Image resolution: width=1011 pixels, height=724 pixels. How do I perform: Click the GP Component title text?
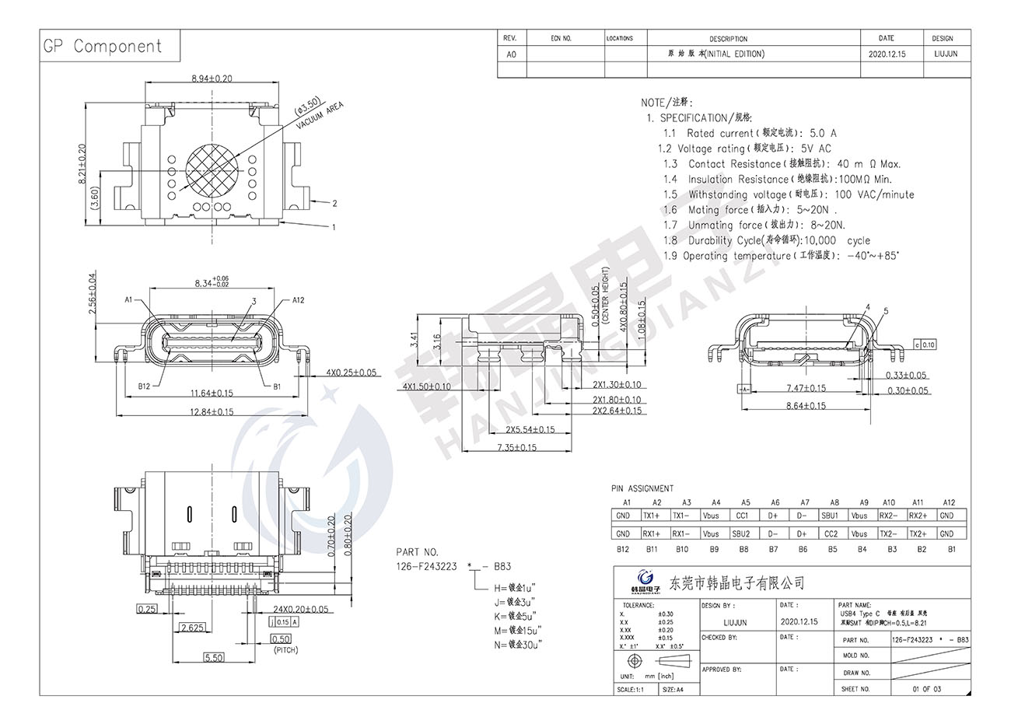pyautogui.click(x=102, y=47)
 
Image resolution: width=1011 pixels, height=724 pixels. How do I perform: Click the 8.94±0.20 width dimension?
pyautogui.click(x=211, y=79)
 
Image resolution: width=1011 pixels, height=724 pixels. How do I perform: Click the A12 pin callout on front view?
pyautogui.click(x=298, y=300)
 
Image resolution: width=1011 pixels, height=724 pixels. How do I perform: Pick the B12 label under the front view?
pyautogui.click(x=144, y=386)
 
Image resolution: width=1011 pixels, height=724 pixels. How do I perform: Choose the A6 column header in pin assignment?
pyautogui.click(x=775, y=502)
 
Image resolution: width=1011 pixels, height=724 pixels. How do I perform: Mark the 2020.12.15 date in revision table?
pyautogui.click(x=887, y=54)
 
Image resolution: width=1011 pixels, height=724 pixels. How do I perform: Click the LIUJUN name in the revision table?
pyautogui.click(x=945, y=54)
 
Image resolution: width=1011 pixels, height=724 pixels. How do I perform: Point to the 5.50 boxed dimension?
pyautogui.click(x=213, y=657)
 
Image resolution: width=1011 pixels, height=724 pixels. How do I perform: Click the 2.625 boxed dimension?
pyautogui.click(x=191, y=627)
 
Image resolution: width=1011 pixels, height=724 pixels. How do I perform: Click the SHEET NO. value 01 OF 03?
pyautogui.click(x=926, y=689)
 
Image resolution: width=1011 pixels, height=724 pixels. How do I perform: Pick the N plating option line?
pyautogui.click(x=515, y=644)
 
